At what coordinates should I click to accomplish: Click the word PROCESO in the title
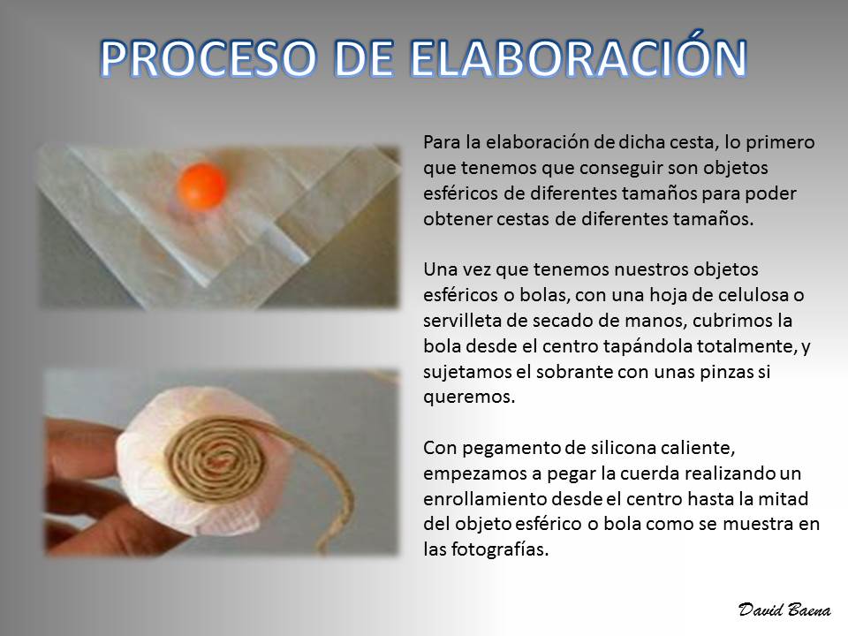click(208, 58)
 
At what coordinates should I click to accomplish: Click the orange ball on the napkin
click(201, 186)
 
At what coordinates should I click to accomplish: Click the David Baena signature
click(784, 609)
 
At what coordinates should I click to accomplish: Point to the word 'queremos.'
click(469, 397)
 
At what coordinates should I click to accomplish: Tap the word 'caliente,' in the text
click(700, 449)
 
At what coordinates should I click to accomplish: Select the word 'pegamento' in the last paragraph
click(511, 449)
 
